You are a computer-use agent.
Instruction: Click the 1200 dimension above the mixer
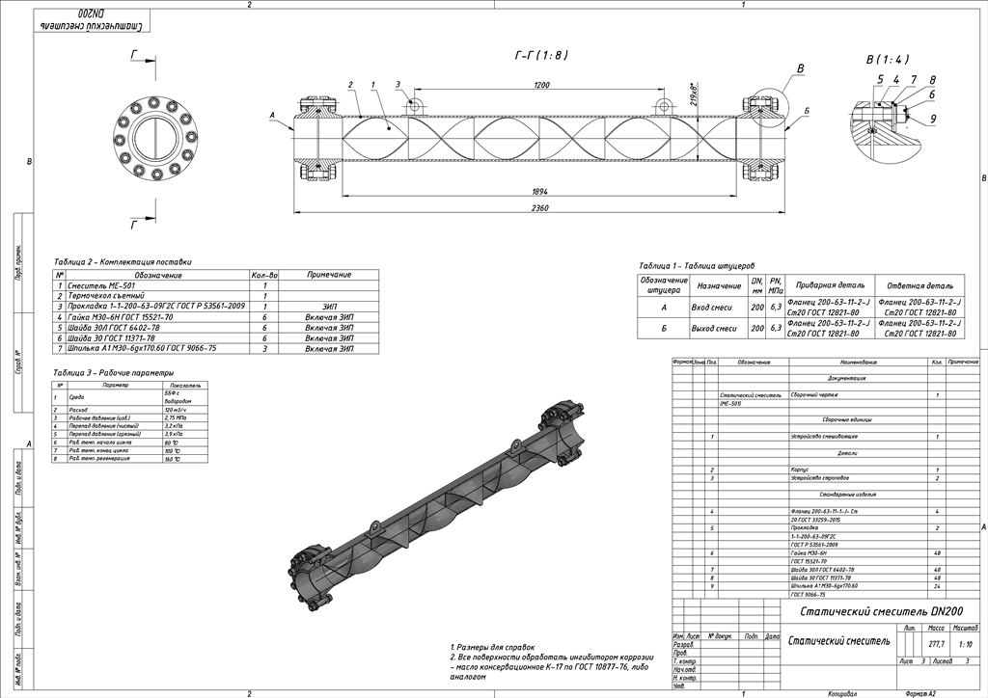[x=541, y=86]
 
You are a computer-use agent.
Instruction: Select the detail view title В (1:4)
[x=887, y=59]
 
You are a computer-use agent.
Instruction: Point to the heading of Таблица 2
[x=123, y=261]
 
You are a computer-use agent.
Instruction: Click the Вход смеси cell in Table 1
[x=719, y=307]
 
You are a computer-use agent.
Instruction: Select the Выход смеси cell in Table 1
[x=719, y=328]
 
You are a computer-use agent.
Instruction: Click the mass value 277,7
[x=935, y=643]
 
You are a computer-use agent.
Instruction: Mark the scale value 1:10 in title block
[x=965, y=643]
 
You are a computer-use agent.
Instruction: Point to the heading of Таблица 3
[x=114, y=372]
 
